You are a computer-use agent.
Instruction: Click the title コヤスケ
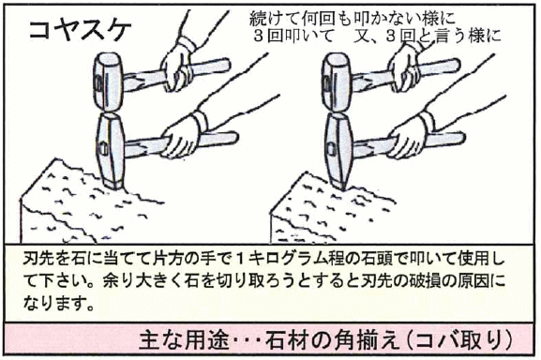80,30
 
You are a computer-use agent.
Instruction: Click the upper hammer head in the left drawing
108,82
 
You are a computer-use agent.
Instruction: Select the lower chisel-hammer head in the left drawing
111,152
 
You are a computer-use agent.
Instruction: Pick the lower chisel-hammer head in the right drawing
338,152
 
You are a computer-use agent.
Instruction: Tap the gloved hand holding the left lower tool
182,137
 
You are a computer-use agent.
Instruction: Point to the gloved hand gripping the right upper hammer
404,69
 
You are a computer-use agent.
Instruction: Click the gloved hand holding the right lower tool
411,137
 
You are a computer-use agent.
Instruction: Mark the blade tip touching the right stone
342,188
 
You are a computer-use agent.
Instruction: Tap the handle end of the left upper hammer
226,65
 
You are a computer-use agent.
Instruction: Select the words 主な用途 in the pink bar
184,340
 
